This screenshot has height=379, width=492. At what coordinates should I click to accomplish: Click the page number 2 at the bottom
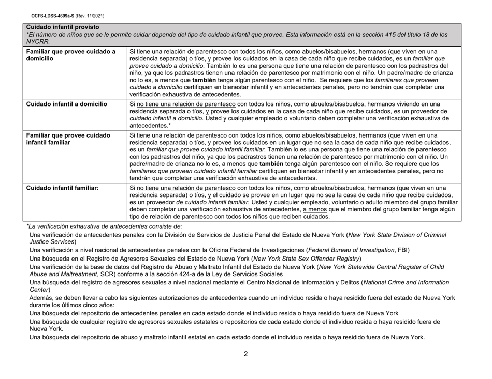click(246, 355)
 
